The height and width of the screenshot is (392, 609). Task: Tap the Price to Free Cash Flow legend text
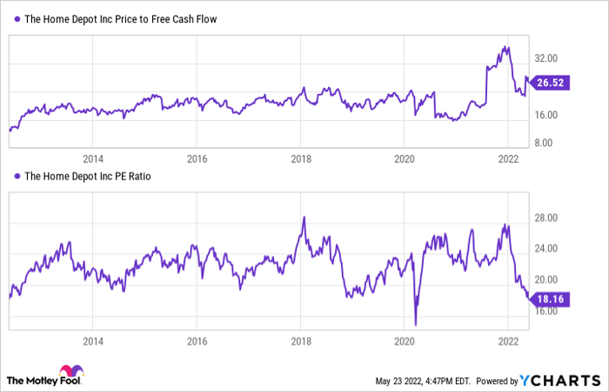(121, 18)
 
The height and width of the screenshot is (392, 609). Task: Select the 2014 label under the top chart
(93, 159)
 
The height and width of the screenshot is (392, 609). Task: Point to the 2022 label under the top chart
(508, 159)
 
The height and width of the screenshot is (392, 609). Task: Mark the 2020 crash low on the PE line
(416, 324)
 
